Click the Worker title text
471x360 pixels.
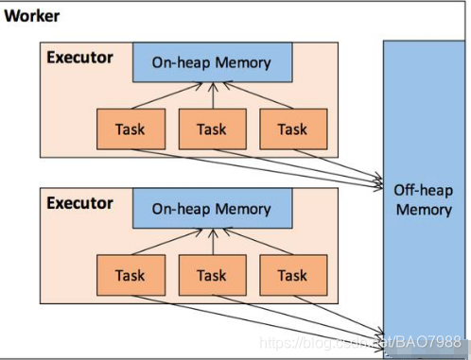point(32,16)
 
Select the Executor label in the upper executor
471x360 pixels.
point(79,58)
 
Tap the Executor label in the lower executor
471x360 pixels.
point(79,203)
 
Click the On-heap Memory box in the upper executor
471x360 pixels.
point(213,62)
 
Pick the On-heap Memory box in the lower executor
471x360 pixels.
point(213,208)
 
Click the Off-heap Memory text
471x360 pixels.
point(424,200)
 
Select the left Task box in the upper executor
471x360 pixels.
point(131,129)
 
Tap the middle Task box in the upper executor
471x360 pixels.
point(213,129)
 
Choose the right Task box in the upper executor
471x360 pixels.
point(293,129)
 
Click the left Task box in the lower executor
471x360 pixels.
point(131,275)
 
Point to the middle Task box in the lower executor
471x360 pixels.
point(213,275)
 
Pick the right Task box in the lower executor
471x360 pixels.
point(293,275)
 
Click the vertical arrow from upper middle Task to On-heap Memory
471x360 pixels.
point(213,95)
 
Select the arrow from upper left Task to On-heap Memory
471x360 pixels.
point(167,95)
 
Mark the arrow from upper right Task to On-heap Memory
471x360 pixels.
point(258,95)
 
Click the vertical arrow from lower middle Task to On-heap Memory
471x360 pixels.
point(213,242)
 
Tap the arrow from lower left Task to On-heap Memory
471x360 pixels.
point(167,242)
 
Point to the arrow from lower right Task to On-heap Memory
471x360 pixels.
point(258,242)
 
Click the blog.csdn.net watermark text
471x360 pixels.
point(360,342)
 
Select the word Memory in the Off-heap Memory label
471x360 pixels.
point(424,210)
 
